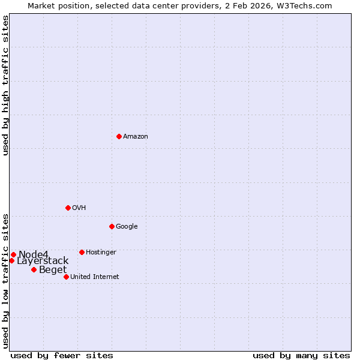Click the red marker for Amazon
[119, 136]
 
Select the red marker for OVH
[68, 208]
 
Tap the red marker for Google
[112, 226]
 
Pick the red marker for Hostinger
[82, 252]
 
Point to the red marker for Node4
[13, 254]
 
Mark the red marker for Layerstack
[11, 260]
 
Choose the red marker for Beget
[34, 269]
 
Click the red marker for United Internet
[66, 277]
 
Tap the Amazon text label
[136, 137]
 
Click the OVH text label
[79, 208]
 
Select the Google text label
[127, 227]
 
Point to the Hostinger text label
[101, 253]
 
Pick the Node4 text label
[33, 255]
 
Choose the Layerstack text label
[43, 261]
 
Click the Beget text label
[53, 270]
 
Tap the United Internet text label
[95, 277]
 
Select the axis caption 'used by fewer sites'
[62, 355]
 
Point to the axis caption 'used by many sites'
[301, 355]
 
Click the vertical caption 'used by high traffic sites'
[5, 86]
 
